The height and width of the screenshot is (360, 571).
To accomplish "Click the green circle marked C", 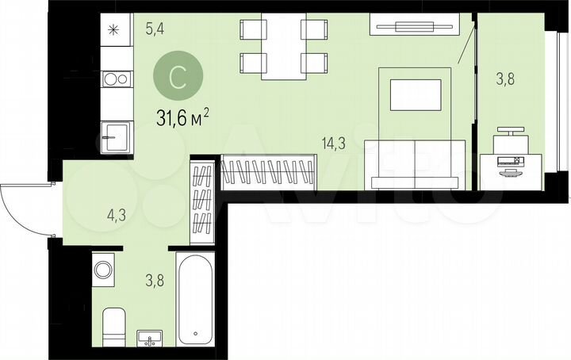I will tap(178, 78).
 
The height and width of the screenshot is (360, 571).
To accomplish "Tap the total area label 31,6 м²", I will tap(183, 119).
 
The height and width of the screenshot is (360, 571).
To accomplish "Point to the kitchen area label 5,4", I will tap(155, 30).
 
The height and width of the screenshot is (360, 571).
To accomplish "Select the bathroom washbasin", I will tap(150, 339).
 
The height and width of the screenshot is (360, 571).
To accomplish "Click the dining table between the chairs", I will tap(282, 48).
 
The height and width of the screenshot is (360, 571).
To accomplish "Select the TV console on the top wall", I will tap(413, 26).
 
